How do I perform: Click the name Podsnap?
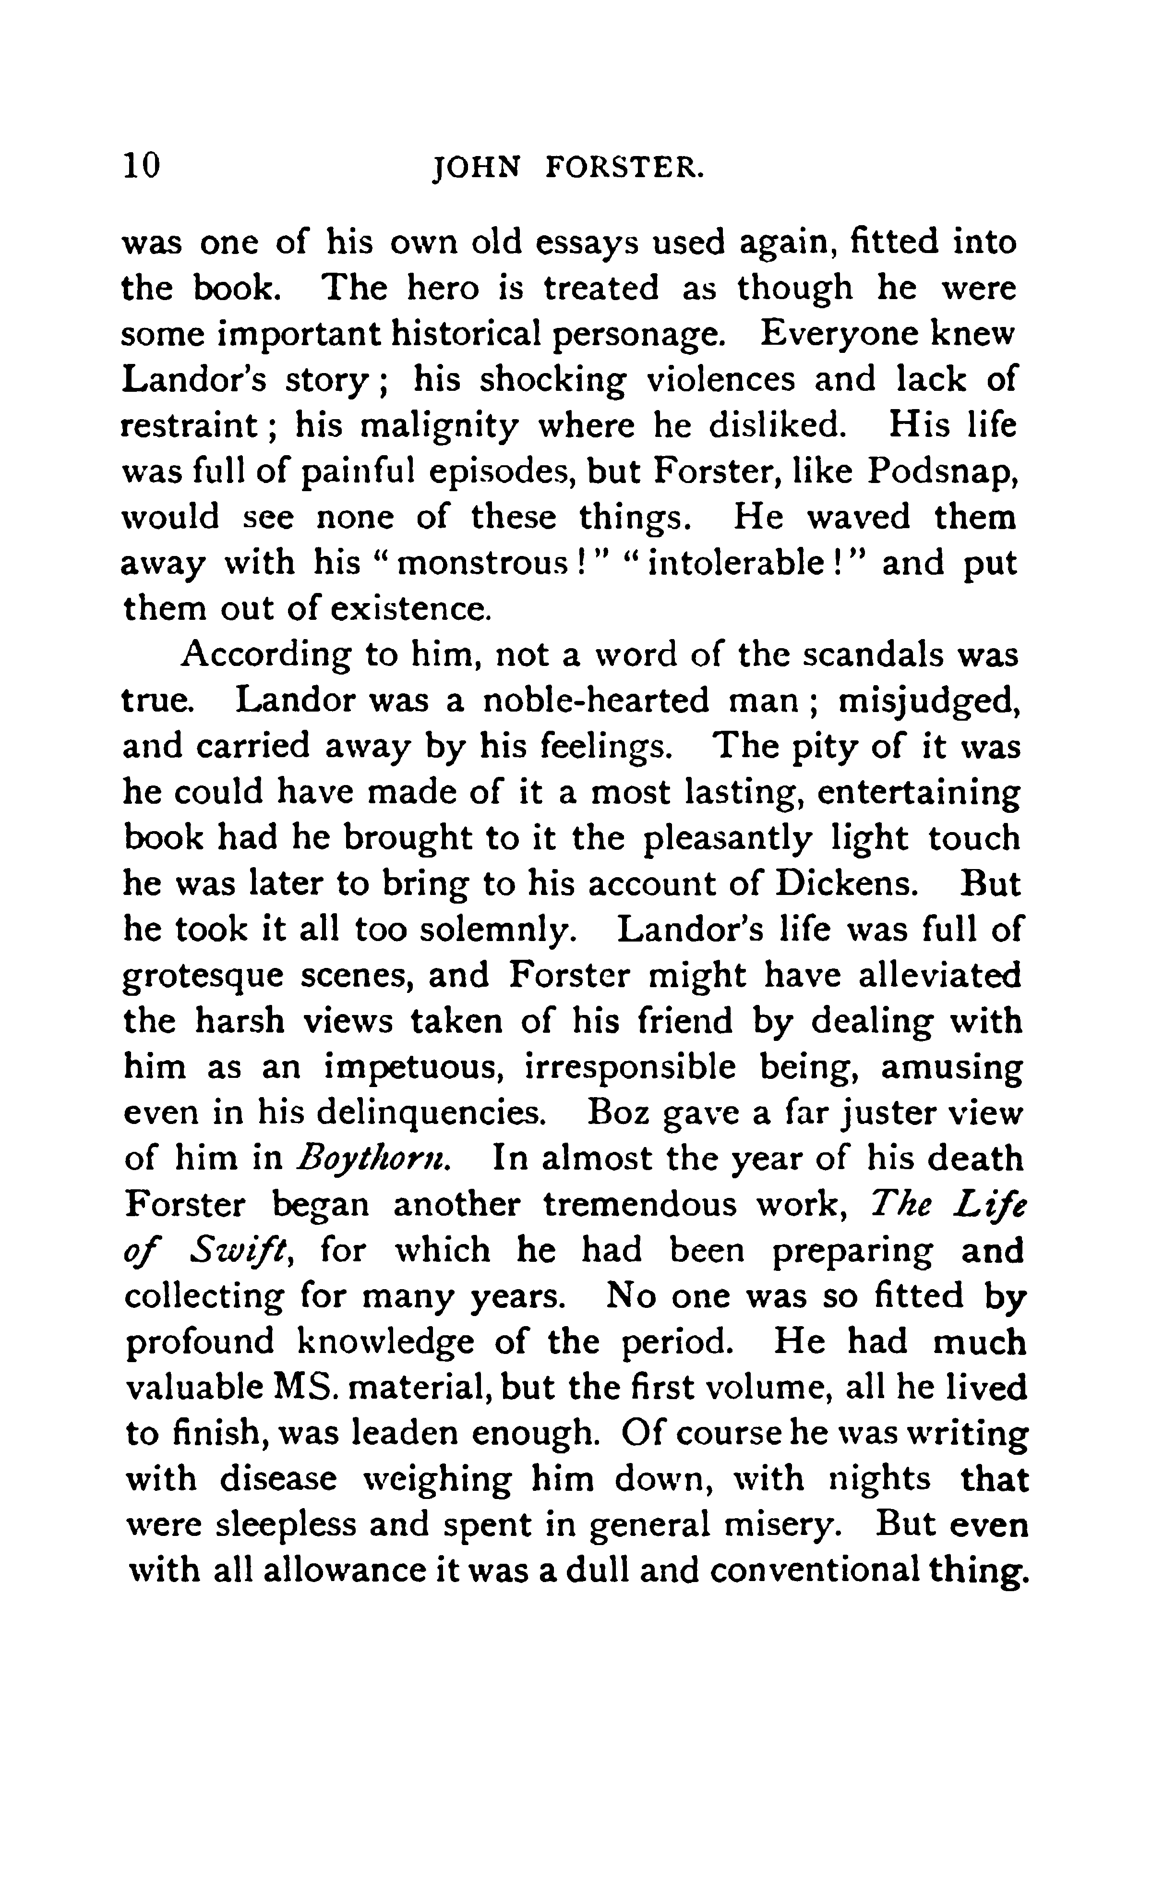[x=942, y=472]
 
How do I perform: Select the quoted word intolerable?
[x=735, y=564]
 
